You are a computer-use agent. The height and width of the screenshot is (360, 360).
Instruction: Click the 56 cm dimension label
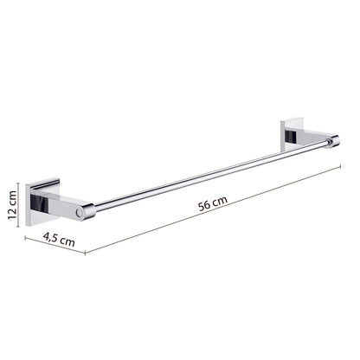tap(213, 203)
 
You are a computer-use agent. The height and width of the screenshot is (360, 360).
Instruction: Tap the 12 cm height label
tap(13, 205)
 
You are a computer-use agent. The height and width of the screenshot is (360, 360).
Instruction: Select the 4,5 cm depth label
tap(59, 240)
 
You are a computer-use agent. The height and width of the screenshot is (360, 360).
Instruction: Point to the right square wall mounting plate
tap(292, 134)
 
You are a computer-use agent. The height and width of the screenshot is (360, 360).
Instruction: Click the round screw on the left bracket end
tap(79, 213)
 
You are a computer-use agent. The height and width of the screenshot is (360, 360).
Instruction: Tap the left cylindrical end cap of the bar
tap(89, 211)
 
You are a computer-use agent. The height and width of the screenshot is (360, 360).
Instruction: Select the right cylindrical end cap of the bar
tap(335, 142)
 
